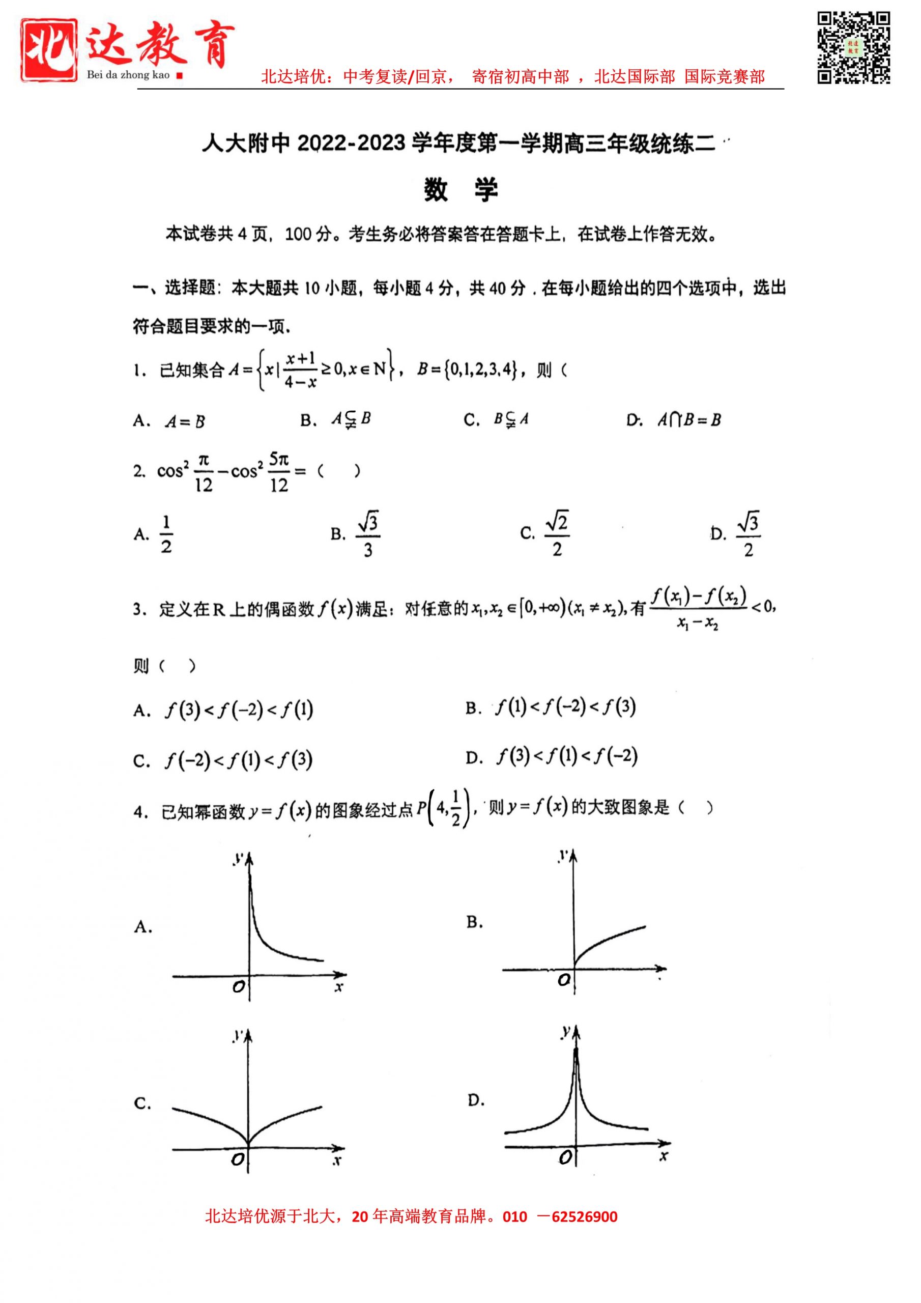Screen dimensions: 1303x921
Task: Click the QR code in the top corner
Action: [x=853, y=48]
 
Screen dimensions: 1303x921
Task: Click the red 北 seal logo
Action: [x=49, y=50]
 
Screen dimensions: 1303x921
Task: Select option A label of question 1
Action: [x=141, y=421]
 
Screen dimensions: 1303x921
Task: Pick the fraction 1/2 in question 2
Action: [x=166, y=534]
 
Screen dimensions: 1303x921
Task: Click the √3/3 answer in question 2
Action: [x=368, y=534]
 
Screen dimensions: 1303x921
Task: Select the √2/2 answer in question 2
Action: [x=557, y=533]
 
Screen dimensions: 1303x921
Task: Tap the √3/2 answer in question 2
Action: [x=748, y=534]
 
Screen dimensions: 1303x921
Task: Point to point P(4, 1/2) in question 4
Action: [x=445, y=808]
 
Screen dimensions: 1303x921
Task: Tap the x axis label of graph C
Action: [x=337, y=1160]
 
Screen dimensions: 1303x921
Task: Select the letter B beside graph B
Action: [x=474, y=923]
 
